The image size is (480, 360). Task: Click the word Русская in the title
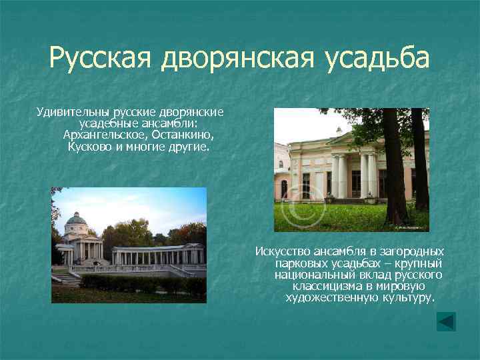[x=100, y=59]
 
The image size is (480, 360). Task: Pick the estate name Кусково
[x=91, y=145]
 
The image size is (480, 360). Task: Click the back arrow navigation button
[x=446, y=322]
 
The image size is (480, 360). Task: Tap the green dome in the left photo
[x=76, y=219]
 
